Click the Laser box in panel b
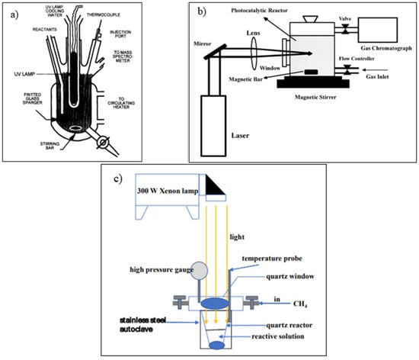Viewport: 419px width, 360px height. point(213,126)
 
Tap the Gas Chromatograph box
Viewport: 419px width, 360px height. point(378,30)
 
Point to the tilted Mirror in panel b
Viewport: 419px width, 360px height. point(213,51)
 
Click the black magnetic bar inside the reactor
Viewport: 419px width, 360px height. point(311,72)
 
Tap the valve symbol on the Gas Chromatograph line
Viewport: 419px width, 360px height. point(346,29)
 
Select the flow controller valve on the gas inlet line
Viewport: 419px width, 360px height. point(347,69)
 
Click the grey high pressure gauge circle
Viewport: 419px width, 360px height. point(199,270)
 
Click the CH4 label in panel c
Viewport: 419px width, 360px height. point(300,304)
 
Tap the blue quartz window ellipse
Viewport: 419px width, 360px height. point(215,304)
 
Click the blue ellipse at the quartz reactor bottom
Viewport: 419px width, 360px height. point(216,345)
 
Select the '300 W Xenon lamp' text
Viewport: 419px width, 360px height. point(168,191)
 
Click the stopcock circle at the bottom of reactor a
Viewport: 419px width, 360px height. point(103,143)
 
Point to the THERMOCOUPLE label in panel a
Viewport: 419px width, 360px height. point(104,15)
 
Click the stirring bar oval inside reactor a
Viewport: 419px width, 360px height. point(76,128)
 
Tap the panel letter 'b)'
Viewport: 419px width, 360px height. point(202,11)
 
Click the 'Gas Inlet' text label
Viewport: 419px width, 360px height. point(377,77)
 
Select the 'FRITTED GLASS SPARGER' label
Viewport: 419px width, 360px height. point(33,98)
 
